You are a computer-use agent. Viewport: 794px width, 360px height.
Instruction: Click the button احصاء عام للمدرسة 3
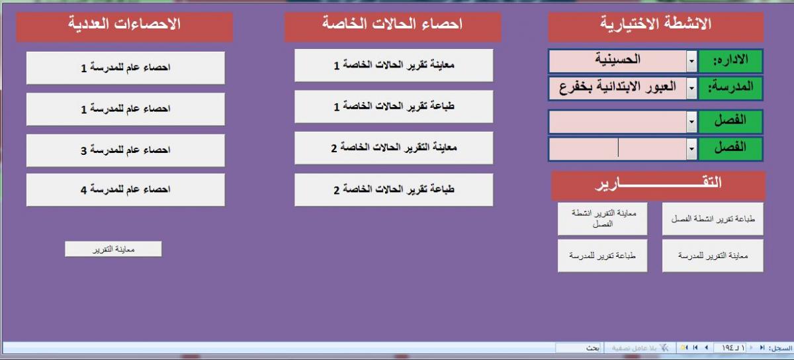click(x=126, y=150)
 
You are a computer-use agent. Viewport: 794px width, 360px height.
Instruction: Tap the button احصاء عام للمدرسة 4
click(x=126, y=190)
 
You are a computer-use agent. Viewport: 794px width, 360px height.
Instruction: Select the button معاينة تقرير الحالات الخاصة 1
click(x=394, y=66)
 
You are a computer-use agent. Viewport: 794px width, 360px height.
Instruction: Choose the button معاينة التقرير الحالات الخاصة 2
click(x=394, y=148)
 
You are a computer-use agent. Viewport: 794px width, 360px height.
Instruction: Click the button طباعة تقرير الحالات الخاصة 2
click(x=394, y=190)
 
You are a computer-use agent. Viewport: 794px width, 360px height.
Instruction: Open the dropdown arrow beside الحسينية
click(x=691, y=61)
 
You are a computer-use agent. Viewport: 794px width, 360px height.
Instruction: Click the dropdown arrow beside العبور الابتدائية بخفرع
click(x=691, y=87)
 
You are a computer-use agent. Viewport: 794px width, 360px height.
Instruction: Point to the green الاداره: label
click(x=730, y=61)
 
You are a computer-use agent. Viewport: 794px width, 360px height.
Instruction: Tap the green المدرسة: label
click(x=730, y=87)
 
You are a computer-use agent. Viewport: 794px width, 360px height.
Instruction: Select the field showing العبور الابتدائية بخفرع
click(x=618, y=87)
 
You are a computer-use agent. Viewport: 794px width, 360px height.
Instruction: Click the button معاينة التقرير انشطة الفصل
click(x=603, y=219)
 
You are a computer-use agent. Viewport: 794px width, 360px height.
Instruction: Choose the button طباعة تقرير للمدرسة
click(x=603, y=255)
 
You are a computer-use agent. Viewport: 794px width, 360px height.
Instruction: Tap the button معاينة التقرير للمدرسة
click(x=713, y=255)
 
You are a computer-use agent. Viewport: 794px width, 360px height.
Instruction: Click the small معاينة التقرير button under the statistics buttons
click(x=113, y=249)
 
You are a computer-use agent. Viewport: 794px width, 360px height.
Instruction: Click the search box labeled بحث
click(x=578, y=348)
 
